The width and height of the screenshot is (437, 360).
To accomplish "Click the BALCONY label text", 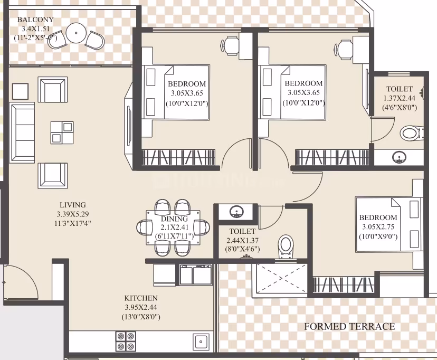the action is pos(35,20).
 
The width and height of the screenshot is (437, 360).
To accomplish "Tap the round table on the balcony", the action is pos(76,33).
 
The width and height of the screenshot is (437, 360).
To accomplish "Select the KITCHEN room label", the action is pos(141,298).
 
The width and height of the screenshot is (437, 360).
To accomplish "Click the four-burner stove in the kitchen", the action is pos(126,341).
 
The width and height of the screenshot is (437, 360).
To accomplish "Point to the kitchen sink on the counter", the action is pos(201,342).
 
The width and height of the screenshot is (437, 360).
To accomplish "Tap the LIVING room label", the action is pos(73,205).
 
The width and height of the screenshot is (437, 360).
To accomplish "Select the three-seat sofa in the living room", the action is pos(22,132).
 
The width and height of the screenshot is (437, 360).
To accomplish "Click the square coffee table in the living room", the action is pos(62,132).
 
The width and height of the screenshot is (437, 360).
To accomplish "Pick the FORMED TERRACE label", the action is pos(349,326).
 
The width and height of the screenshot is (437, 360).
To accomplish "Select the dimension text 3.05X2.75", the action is pos(378,227).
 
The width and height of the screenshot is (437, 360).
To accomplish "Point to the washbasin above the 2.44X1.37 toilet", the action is pos(236,212).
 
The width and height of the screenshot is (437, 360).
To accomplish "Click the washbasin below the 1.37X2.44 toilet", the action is pos(399,158).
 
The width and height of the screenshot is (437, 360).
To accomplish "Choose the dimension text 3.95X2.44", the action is pos(141,307).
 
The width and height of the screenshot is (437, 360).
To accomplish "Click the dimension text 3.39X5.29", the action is pos(73,214).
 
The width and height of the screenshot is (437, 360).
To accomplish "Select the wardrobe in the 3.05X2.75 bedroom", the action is pos(344,285).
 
